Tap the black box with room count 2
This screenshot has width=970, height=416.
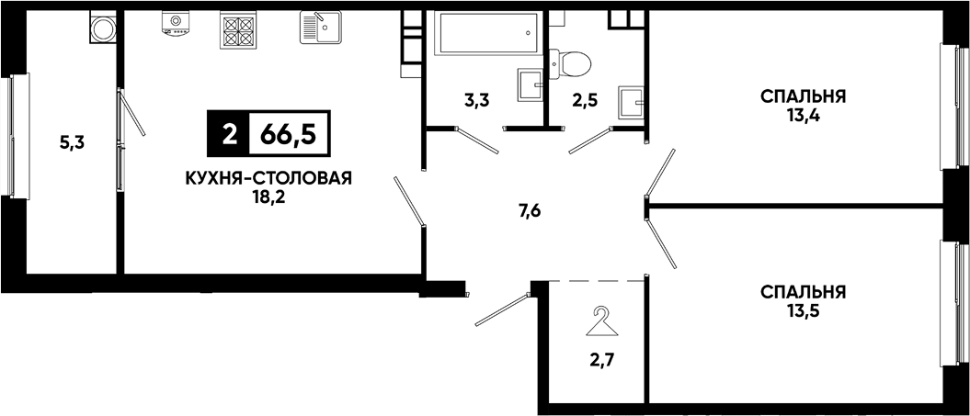(x=228, y=133)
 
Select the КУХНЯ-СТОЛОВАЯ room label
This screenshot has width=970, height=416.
(x=268, y=179)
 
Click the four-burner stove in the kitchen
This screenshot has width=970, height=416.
(x=237, y=29)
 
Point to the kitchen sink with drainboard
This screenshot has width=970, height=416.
(x=321, y=28)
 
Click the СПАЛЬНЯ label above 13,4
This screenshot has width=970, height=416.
(x=803, y=97)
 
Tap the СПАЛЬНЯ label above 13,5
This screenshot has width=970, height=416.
(x=803, y=291)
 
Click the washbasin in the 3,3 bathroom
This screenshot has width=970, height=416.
(x=531, y=84)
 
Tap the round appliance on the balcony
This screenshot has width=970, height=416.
(x=103, y=28)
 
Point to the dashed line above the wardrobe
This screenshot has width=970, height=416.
(x=597, y=281)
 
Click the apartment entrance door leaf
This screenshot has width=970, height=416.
(x=502, y=309)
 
